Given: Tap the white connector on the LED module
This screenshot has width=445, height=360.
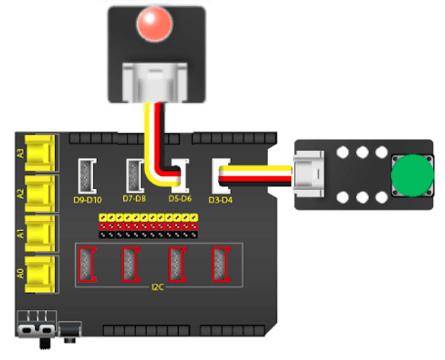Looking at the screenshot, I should [156, 80].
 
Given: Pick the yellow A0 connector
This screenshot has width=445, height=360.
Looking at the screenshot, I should [40, 270].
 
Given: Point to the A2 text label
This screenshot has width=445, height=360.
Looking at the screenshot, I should [21, 193].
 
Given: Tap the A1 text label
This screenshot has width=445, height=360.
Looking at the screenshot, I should [21, 233].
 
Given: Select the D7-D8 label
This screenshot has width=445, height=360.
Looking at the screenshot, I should [134, 200].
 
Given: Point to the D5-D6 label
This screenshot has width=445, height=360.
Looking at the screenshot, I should [180, 200].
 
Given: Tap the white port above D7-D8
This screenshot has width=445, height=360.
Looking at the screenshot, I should [134, 175].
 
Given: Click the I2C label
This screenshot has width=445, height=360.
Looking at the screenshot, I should [157, 287].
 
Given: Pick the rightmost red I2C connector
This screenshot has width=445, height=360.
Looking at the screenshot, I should [221, 263].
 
